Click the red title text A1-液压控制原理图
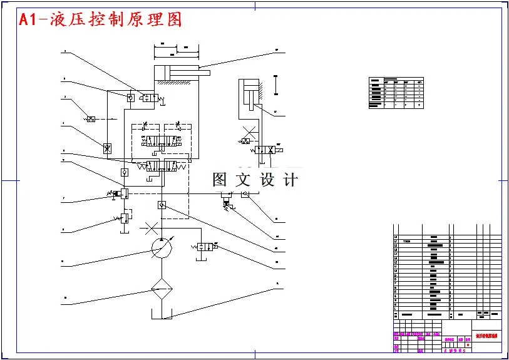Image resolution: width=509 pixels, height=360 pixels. pyautogui.click(x=100, y=19)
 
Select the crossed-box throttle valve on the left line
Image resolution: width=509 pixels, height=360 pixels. pyautogui.click(x=107, y=148)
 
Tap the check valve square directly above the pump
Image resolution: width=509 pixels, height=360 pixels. pyautogui.click(x=162, y=205)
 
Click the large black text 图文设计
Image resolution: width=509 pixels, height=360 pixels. pyautogui.click(x=255, y=180)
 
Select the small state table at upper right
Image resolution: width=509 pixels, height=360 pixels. pyautogui.click(x=396, y=93)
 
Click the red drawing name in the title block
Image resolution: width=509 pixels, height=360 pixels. pyautogui.click(x=486, y=336)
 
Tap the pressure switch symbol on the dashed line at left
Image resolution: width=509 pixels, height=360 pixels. pyautogui.click(x=91, y=118)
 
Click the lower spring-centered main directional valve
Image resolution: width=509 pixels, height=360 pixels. pyautogui.click(x=160, y=166)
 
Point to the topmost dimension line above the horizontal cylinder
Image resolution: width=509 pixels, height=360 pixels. pyautogui.click(x=177, y=45)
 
